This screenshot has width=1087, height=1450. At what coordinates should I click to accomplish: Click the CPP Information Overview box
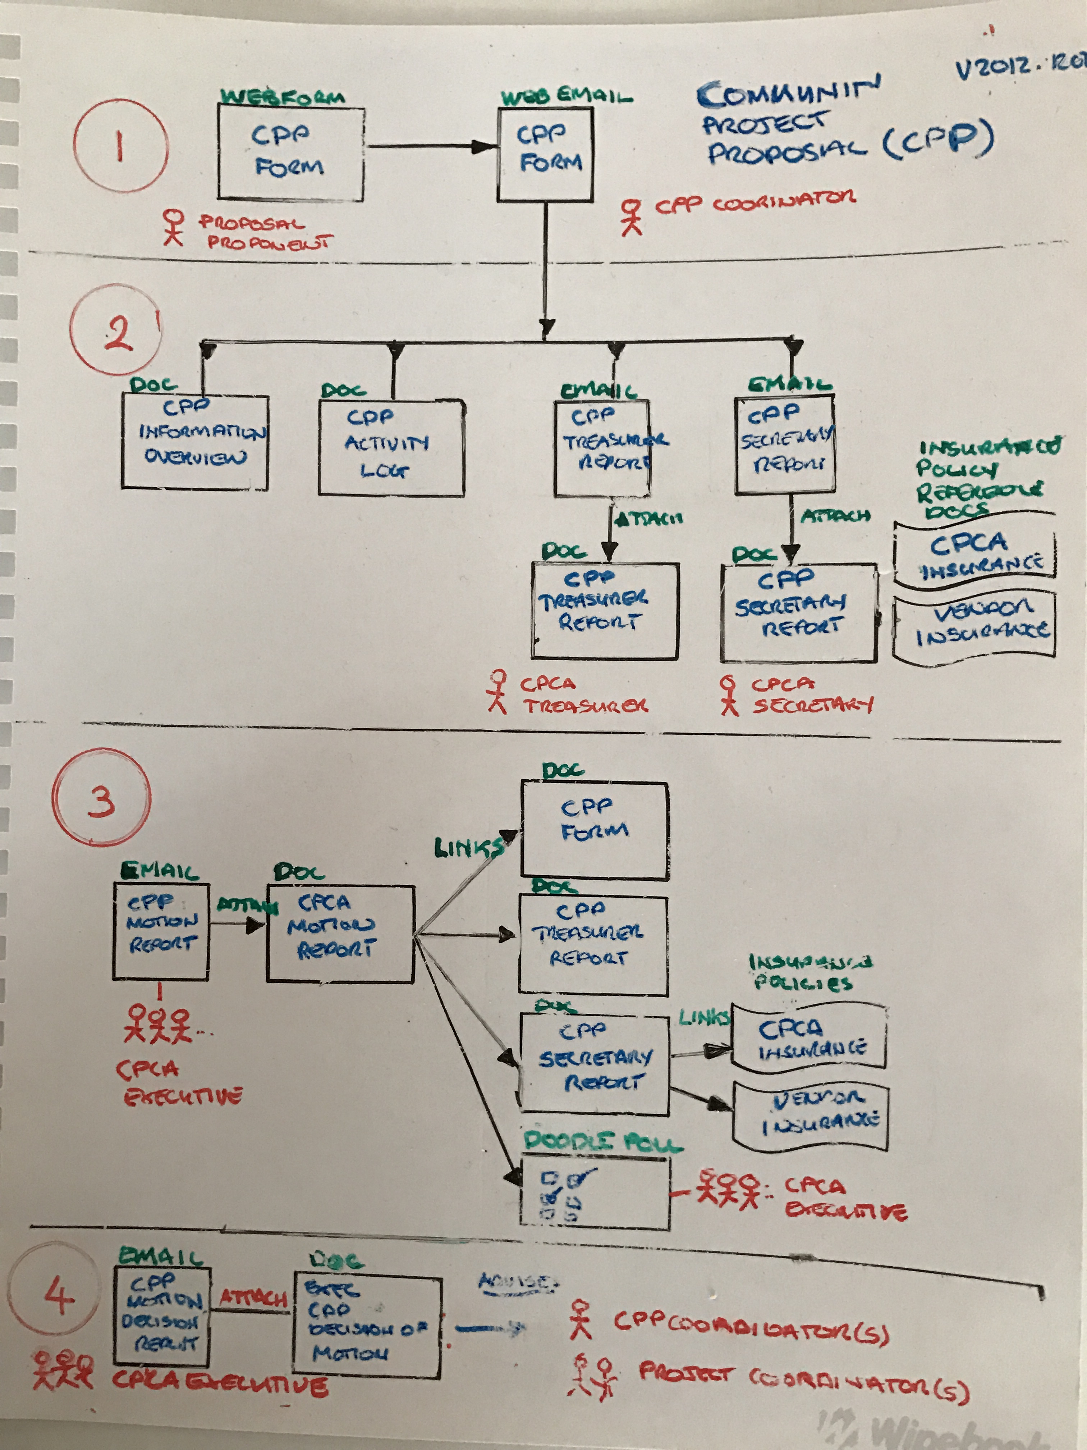pos(194,441)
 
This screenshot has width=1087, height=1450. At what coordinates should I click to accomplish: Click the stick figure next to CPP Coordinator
pos(632,217)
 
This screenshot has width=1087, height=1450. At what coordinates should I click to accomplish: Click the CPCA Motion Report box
pos(340,933)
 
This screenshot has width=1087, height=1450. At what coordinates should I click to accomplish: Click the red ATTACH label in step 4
pos(253,1298)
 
